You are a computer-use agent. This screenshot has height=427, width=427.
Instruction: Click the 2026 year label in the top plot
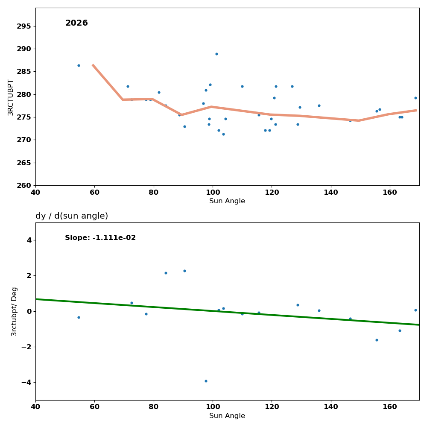[x=76, y=23]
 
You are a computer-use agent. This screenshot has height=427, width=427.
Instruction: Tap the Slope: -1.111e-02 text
[x=100, y=238]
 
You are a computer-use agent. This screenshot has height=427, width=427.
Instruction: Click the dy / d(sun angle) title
[x=72, y=216]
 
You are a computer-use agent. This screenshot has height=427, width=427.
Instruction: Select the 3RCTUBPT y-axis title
[x=11, y=97]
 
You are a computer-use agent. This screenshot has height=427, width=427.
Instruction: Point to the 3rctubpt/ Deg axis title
[x=14, y=311]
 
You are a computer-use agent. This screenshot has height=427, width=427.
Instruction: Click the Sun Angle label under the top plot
[x=227, y=201]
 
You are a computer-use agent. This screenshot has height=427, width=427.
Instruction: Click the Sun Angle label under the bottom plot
[x=227, y=416]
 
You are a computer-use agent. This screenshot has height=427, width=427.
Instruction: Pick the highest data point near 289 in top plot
[x=216, y=54]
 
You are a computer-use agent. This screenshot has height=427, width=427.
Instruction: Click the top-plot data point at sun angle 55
[x=79, y=65]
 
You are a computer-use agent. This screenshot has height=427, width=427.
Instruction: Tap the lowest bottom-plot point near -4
[x=206, y=381]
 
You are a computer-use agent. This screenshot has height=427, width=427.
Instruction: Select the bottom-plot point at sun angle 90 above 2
[x=184, y=271]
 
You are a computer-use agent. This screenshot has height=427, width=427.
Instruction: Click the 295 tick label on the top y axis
[x=24, y=26]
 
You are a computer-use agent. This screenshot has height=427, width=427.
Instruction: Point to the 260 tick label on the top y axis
[x=24, y=185]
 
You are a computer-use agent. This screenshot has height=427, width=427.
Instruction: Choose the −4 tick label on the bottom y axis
[x=26, y=382]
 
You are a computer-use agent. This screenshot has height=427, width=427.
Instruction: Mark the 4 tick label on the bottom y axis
[x=29, y=240]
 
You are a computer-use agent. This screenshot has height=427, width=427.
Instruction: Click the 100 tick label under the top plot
[x=213, y=192]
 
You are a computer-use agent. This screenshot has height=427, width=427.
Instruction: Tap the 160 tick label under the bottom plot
[x=390, y=407]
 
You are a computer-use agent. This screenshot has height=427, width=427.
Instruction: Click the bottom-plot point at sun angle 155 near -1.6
[x=377, y=340]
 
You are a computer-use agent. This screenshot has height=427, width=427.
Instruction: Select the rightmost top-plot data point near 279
[x=415, y=98]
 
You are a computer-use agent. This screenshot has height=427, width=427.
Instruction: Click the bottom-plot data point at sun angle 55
[x=79, y=317]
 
